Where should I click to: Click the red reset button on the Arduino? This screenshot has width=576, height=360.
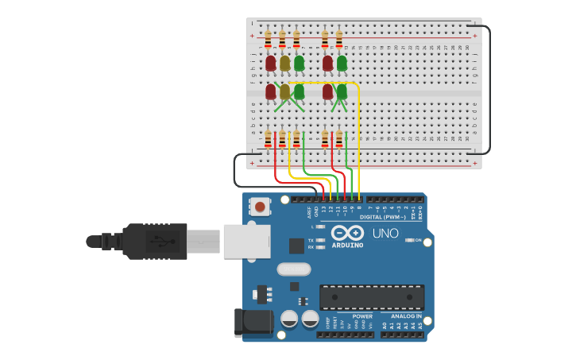259,207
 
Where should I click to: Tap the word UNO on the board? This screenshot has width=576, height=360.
385,234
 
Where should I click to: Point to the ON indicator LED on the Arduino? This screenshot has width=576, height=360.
408,240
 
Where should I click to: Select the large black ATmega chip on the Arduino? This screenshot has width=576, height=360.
371,296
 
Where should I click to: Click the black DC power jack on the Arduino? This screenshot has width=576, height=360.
254,323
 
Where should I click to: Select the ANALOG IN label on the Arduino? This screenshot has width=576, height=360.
406,315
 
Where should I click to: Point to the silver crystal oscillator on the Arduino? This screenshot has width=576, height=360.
293,269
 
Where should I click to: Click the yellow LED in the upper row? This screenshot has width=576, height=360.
284,63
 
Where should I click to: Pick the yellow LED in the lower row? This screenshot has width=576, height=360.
284,91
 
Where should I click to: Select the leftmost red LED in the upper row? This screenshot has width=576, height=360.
270,63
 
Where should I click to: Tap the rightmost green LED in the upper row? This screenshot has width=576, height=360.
342,63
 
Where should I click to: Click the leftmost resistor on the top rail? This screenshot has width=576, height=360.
269,39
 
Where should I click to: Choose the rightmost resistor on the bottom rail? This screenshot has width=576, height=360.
339,139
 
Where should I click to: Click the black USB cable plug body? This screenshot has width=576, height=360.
154,241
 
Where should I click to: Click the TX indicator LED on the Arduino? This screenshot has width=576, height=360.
321,239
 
